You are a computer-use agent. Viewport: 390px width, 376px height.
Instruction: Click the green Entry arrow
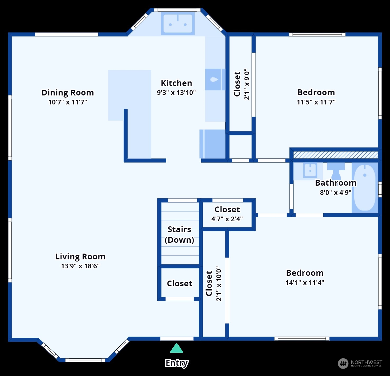point(177,349)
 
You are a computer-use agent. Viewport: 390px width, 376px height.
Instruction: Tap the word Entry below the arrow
point(177,363)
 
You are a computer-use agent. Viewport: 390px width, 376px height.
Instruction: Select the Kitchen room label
point(176,83)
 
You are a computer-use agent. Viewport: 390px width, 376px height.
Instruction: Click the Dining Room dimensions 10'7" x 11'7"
point(68,102)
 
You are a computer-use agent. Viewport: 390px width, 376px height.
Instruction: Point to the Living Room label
point(80,256)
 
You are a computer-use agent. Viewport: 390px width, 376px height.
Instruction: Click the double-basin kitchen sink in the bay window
point(178,24)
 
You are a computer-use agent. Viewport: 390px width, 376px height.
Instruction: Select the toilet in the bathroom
point(336,171)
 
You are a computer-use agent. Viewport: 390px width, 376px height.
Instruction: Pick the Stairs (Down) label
point(180,235)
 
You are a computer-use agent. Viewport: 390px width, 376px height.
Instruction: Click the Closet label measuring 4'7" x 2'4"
point(227,209)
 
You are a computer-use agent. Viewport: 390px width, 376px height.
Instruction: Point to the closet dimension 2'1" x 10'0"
point(219,283)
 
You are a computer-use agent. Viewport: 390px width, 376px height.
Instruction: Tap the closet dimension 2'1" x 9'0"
point(247,84)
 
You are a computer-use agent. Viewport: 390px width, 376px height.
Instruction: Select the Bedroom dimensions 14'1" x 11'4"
point(305,283)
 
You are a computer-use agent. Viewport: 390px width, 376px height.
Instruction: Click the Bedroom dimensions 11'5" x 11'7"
point(316,102)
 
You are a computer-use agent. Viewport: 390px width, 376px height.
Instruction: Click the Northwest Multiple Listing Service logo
point(360,363)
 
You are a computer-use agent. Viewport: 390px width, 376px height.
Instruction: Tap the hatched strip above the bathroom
point(335,155)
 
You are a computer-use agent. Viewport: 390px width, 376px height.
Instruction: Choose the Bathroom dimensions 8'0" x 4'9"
point(335,192)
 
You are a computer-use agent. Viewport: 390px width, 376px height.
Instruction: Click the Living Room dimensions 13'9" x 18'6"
point(80,266)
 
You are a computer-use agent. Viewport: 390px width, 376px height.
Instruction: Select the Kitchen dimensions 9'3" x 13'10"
point(176,93)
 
